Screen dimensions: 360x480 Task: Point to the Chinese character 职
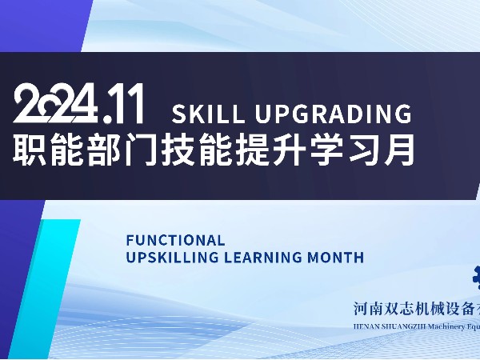click(x=30, y=150)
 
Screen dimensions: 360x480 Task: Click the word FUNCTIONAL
click(x=175, y=240)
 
